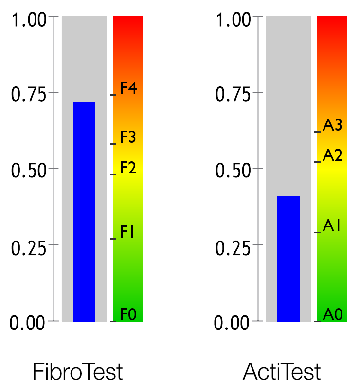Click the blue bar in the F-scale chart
pos(84,211)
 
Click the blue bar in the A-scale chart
pos(288,259)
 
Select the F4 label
pos(128,88)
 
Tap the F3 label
pos(128,138)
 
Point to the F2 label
pos(128,168)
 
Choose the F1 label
pos(127,232)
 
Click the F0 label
pos(128,314)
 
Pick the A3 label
pos(333,125)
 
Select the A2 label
pos(333,155)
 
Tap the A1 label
pos(332,226)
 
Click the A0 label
pos(333,314)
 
